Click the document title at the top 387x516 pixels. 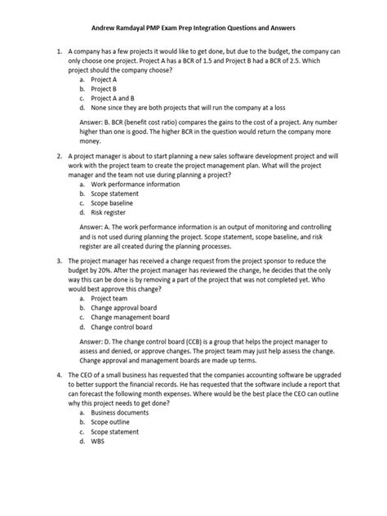tap(193, 27)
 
